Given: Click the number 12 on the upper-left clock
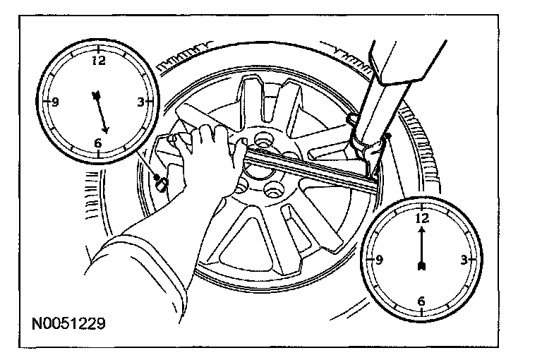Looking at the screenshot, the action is pyautogui.click(x=99, y=61).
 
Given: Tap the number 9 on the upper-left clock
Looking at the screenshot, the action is pyautogui.click(x=55, y=102).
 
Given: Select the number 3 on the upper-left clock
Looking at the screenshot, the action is pyautogui.click(x=140, y=102).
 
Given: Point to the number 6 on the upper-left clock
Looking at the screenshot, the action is pyautogui.click(x=97, y=143).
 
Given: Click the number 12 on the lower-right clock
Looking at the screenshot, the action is pyautogui.click(x=422, y=219).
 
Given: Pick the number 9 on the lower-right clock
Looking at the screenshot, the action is pyautogui.click(x=380, y=260).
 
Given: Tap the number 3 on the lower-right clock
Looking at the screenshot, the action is pyautogui.click(x=464, y=260).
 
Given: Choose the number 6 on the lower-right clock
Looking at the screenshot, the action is pyautogui.click(x=421, y=301).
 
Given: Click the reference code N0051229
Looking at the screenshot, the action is pyautogui.click(x=68, y=324).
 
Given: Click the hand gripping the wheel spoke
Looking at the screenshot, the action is pyautogui.click(x=205, y=145).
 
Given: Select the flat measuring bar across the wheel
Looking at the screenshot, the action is pyautogui.click(x=311, y=169).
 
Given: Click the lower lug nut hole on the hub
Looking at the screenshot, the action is pyautogui.click(x=272, y=190).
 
